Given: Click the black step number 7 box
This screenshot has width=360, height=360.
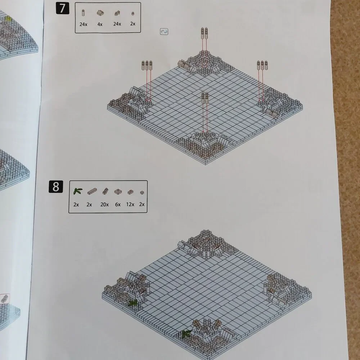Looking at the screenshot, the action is tap(62, 8).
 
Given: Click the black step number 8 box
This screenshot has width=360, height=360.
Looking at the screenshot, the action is tap(56, 186).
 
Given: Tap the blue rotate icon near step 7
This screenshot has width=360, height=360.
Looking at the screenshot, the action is tap(164, 31).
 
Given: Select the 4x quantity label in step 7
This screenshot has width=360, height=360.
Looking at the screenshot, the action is tap(100, 24).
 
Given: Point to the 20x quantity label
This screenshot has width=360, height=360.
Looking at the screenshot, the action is tap(104, 204).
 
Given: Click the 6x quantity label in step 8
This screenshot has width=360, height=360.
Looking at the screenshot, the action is tap(118, 204).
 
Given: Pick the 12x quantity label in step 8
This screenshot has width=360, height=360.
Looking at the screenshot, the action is tap(130, 204).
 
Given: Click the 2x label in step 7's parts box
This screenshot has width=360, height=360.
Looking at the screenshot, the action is tap(133, 24).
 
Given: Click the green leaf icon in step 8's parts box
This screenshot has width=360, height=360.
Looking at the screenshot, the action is tap(78, 191).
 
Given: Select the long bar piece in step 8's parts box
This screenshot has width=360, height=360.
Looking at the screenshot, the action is tap(92, 191).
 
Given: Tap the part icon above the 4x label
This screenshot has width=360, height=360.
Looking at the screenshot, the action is tap(100, 13).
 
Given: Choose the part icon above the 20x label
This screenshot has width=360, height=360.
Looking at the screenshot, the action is tap(105, 191).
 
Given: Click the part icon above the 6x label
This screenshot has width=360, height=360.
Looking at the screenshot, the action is tap(118, 192).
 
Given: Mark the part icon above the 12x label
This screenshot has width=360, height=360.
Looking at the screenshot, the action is tap(130, 192).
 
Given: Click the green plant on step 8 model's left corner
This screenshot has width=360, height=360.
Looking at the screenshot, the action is tap(132, 303).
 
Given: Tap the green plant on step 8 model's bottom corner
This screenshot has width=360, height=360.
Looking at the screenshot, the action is tap(186, 334).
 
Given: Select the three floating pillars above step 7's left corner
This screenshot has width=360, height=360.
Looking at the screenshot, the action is tap(147, 66).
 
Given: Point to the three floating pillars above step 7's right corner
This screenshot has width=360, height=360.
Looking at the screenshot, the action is tap(262, 65).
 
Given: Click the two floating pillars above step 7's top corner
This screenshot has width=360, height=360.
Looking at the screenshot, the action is tap(204, 33).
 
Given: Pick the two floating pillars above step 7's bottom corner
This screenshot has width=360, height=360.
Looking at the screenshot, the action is tap(205, 98).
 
